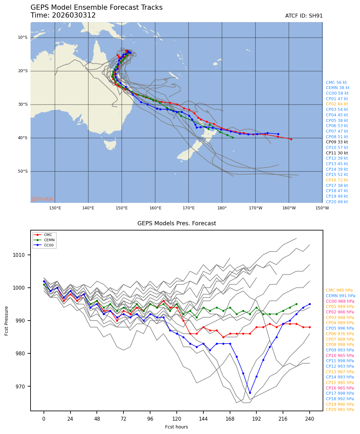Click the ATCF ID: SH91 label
click(x=304, y=16)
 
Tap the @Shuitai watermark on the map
click(x=42, y=199)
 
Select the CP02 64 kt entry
click(x=337, y=104)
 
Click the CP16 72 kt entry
click(x=337, y=180)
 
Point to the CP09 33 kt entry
click(x=337, y=142)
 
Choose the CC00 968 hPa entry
click(x=340, y=301)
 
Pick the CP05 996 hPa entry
click(x=340, y=328)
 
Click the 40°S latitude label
click(x=22, y=138)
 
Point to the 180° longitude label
click(x=222, y=208)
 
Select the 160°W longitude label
click(x=289, y=208)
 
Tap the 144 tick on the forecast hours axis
click(x=203, y=419)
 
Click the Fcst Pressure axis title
click(x=6, y=321)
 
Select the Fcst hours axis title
click(x=176, y=427)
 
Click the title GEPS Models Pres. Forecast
click(x=176, y=223)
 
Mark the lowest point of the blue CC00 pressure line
click(x=250, y=393)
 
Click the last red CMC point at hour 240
click(x=310, y=327)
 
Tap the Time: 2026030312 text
click(x=63, y=15)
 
